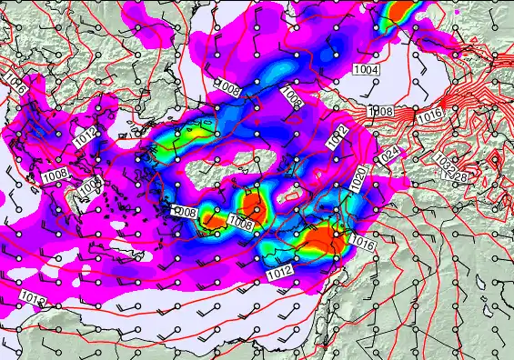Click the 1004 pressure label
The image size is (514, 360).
(366, 70)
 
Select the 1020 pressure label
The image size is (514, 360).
(358, 177)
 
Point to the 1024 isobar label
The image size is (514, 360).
(388, 156)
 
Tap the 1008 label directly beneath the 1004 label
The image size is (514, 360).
(380, 111)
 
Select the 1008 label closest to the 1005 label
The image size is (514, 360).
(55, 175)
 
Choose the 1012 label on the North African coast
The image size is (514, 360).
(32, 298)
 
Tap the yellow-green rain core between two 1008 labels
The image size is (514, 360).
(216, 217)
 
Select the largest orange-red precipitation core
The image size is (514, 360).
(323, 241)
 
